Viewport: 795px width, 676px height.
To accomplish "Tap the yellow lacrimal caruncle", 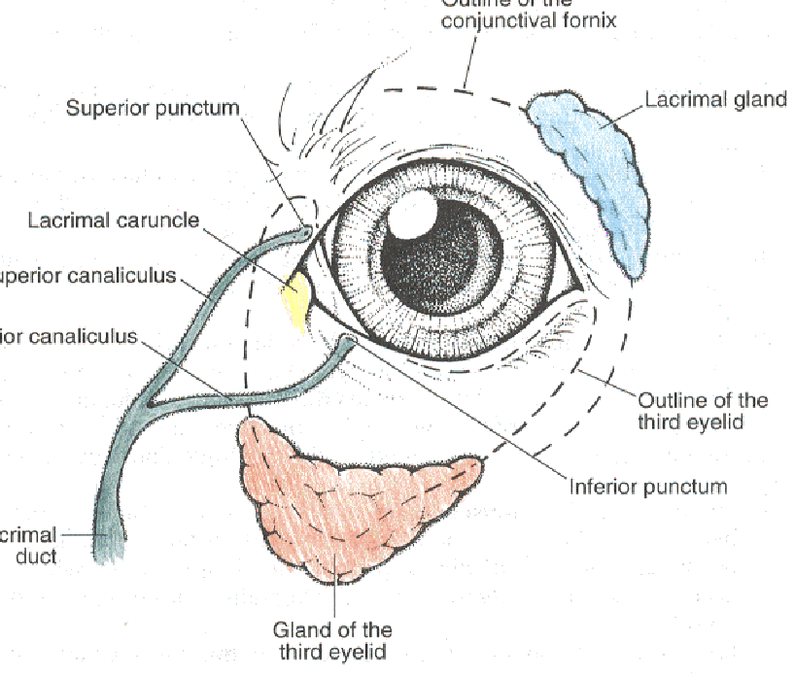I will pos(296,296).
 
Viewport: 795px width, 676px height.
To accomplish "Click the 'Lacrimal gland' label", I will pos(715,99).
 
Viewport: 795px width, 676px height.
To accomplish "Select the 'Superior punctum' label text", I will pos(152,107).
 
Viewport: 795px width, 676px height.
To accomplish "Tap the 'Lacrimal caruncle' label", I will pos(114,220).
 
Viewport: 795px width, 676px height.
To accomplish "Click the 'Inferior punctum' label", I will pos(647,486).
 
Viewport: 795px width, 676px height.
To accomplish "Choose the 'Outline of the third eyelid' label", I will pos(702,411).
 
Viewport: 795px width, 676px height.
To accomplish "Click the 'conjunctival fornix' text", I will pos(529,20).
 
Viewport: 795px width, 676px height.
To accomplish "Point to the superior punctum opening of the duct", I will pos(305,232).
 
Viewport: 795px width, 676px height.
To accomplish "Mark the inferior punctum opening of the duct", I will pos(348,340).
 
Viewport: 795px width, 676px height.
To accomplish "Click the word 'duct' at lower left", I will pos(36,558).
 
